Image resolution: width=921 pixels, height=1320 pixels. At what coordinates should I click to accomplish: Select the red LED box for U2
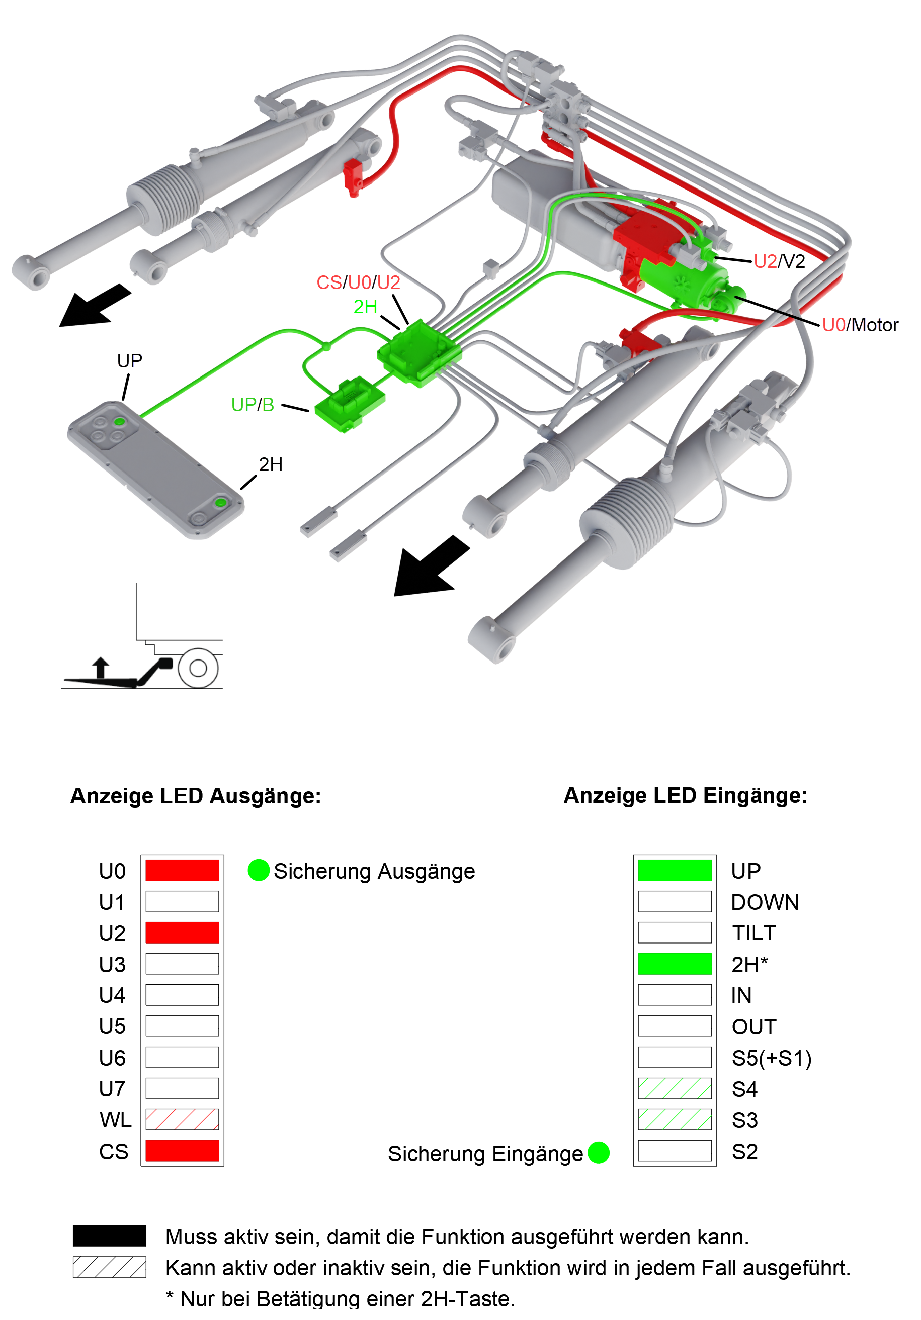point(182,932)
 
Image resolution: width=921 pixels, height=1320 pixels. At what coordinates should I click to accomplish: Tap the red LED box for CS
point(182,1151)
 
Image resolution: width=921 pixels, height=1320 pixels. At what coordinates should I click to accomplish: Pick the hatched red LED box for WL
point(182,1119)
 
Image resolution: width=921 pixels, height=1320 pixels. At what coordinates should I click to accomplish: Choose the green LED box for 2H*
point(675,964)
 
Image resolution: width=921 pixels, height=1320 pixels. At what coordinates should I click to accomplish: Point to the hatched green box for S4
point(675,1088)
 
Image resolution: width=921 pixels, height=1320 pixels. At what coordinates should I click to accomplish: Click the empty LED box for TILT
point(675,932)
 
